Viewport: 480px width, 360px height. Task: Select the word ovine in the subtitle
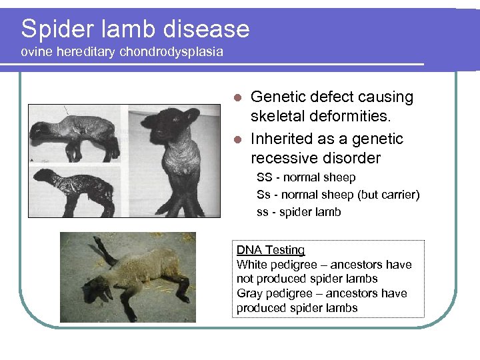[x=35, y=52]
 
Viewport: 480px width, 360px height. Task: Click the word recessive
[x=283, y=159]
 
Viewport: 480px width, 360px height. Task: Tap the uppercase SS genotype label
[x=264, y=178]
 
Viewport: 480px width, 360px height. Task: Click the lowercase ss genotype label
[x=263, y=213]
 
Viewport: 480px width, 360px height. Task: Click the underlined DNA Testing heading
[x=271, y=251]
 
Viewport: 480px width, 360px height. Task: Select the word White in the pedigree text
[x=252, y=265]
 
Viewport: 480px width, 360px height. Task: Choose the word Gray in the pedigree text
[x=250, y=293]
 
